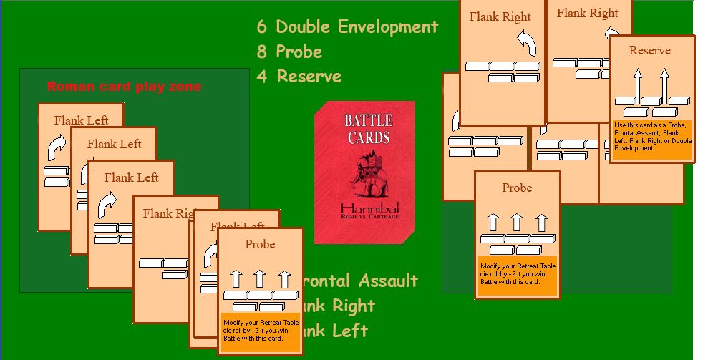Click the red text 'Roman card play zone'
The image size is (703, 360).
124,87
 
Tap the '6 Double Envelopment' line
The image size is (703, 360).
347,27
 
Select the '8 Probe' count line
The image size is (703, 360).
289,52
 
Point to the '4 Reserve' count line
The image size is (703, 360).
299,76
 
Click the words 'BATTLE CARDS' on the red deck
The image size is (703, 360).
368,128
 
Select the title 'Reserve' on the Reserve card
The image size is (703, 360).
649,50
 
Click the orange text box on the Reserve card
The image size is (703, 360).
651,137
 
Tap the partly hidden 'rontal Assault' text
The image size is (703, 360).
361,281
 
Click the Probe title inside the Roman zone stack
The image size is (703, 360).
260,244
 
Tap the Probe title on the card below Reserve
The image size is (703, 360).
517,188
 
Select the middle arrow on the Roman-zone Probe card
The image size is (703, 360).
260,278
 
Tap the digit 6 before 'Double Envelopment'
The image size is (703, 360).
262,27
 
